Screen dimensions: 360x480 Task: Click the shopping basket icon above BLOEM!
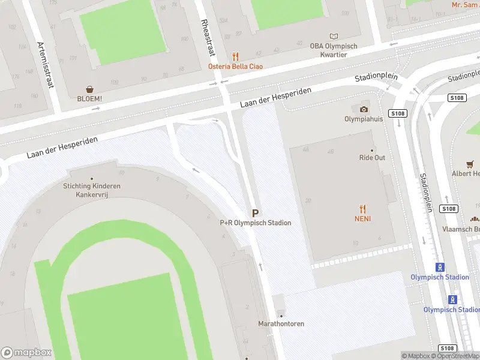(89, 89)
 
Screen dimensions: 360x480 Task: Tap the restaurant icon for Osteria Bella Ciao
(235, 56)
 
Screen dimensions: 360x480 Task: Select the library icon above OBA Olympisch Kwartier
(334, 36)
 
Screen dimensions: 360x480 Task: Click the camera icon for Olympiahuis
(364, 109)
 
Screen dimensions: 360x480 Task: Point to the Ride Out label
(372, 158)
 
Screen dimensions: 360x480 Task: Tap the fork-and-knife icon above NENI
(362, 209)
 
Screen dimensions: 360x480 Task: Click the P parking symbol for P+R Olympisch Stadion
(256, 213)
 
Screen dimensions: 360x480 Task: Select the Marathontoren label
(281, 323)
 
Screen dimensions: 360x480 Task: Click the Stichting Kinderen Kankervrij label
(92, 190)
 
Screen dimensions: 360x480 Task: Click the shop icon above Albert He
(470, 164)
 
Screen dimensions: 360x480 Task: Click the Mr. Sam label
(465, 5)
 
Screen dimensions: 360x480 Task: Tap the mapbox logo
(26, 353)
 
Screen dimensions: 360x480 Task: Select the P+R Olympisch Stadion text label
(256, 223)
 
